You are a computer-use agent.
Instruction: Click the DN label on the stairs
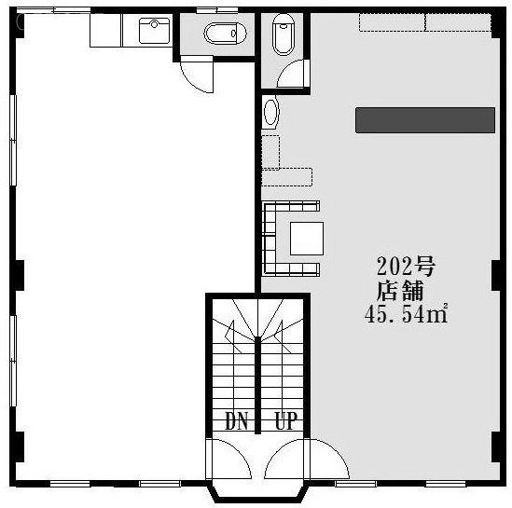tap(237, 420)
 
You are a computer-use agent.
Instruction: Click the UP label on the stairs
tap(286, 420)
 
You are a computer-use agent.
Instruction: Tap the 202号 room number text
tap(406, 266)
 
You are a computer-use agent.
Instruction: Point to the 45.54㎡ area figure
tap(406, 314)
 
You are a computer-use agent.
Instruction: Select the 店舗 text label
tap(400, 291)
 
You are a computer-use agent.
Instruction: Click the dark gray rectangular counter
tap(425, 120)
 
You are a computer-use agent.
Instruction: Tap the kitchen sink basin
tap(154, 31)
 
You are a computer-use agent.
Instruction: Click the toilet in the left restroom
tap(225, 34)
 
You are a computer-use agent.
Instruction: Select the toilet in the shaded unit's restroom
tap(284, 34)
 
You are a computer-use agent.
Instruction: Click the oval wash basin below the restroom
tap(270, 112)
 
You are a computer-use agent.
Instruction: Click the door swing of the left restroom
tap(196, 77)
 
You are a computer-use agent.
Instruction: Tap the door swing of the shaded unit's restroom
tap(293, 74)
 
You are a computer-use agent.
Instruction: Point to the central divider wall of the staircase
tap(257, 385)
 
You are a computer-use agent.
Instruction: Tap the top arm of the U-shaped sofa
tap(292, 207)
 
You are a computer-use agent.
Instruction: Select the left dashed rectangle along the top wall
tap(392, 22)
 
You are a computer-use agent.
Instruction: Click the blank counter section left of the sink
tap(105, 31)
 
